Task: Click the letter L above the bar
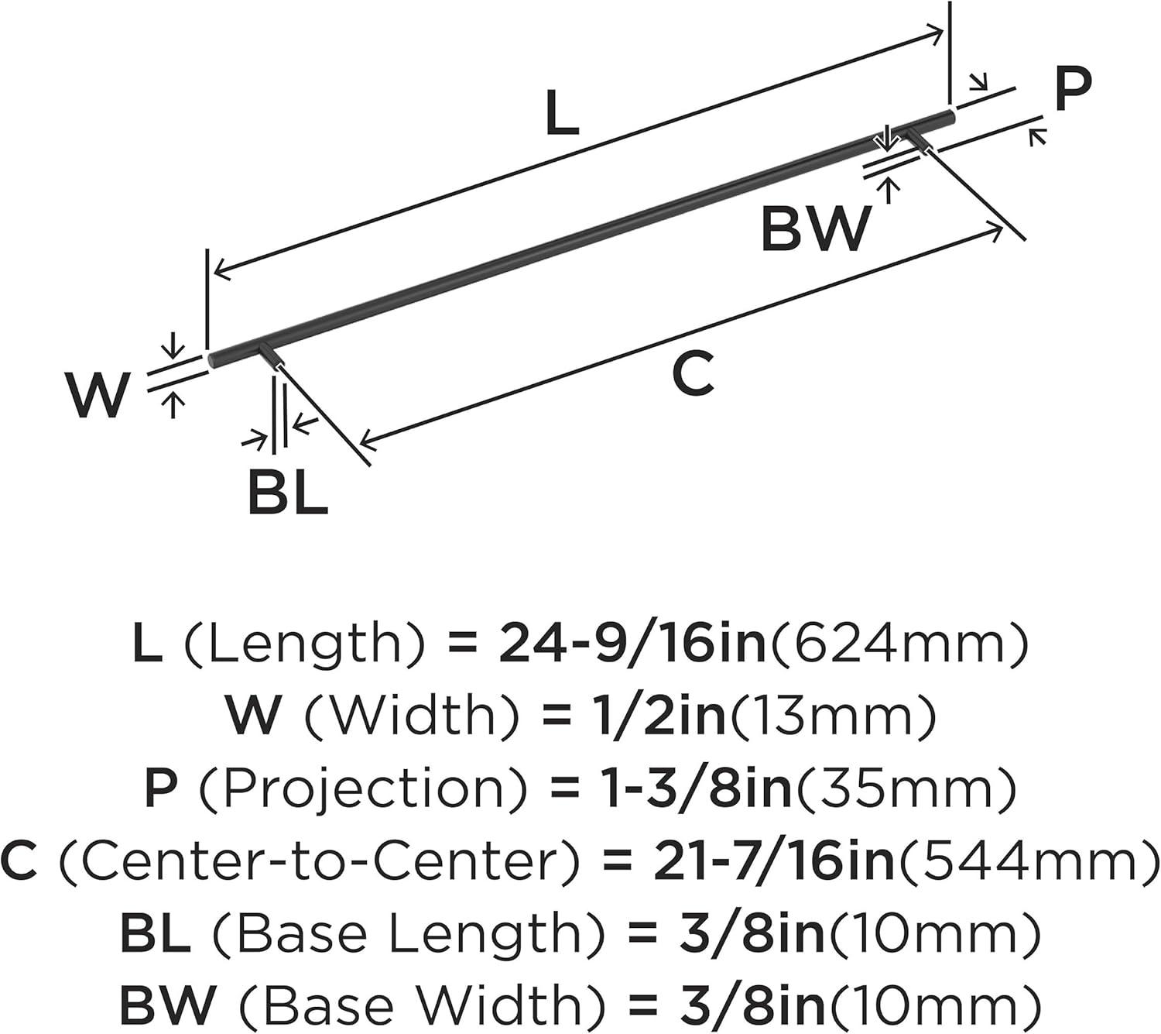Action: pos(562,114)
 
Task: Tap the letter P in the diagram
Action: pos(1074,89)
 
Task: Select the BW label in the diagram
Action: pos(816,228)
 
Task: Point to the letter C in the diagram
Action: pos(694,374)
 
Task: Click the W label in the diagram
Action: pos(98,395)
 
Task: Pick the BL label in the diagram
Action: pos(288,492)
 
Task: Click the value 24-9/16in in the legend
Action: pos(632,644)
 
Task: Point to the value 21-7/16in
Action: pos(773,862)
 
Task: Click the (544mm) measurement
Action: pos(1026,862)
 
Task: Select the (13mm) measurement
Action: pos(834,716)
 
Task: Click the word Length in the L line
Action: pos(306,644)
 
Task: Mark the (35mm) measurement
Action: pos(906,789)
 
